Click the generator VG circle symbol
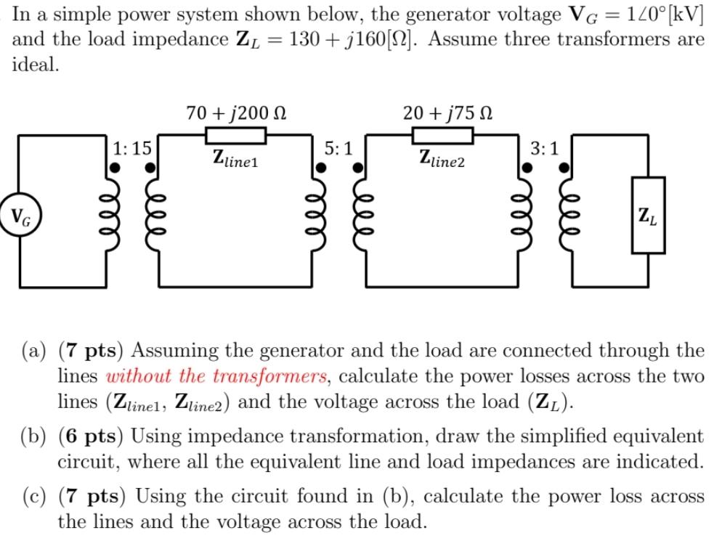tap(20, 216)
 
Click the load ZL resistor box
tap(647, 216)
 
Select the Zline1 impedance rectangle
tap(235, 136)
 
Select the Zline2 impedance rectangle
tap(443, 136)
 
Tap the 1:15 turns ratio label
tap(132, 149)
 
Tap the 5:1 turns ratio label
tap(338, 149)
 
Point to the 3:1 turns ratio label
tap(545, 149)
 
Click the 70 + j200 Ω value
tap(235, 113)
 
